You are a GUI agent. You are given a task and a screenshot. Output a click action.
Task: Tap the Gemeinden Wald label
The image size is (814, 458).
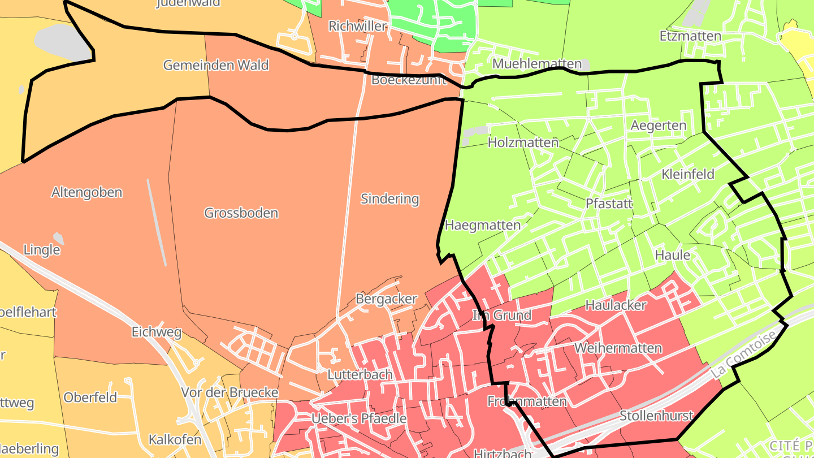click(215, 65)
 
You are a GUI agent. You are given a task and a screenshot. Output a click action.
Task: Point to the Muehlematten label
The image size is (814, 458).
click(537, 63)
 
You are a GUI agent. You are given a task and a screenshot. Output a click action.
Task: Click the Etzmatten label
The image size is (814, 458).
click(690, 36)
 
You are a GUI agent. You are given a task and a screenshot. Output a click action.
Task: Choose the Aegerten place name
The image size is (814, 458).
click(659, 125)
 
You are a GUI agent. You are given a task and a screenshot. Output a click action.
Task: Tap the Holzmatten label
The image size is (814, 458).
click(523, 142)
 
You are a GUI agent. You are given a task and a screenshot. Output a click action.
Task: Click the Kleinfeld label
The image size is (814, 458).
click(688, 174)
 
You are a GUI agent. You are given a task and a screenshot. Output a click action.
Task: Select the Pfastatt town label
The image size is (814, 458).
click(609, 204)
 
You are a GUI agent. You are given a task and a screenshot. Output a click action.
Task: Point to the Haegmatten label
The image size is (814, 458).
click(483, 225)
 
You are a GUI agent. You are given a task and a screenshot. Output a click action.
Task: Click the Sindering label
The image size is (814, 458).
click(389, 198)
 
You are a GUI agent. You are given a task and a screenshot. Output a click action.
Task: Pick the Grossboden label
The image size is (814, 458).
click(241, 213)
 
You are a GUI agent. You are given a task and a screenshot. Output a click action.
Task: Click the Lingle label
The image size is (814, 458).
click(42, 249)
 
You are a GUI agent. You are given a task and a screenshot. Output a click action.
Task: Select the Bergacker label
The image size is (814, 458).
click(386, 299)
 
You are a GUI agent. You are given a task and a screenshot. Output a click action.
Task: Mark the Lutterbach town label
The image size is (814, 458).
click(360, 374)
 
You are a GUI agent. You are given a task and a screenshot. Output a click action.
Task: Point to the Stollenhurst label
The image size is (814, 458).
click(656, 416)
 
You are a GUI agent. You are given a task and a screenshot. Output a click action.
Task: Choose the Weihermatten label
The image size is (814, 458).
click(618, 348)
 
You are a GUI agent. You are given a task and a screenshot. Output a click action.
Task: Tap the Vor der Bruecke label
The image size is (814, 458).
click(230, 392)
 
